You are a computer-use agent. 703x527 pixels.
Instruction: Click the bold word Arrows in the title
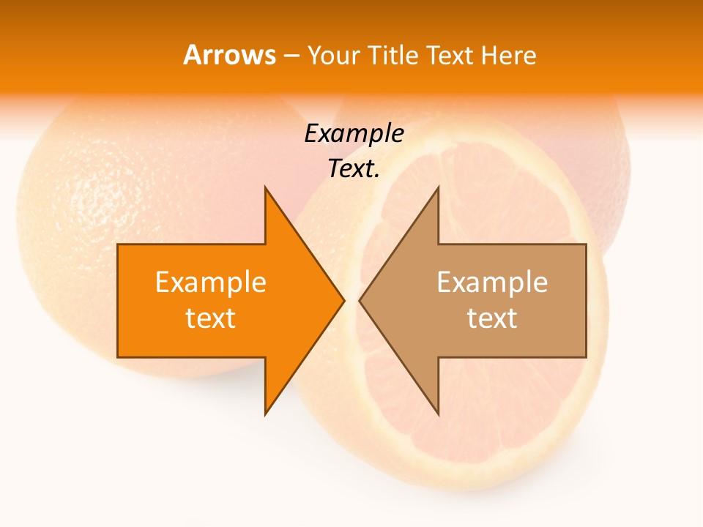(x=229, y=55)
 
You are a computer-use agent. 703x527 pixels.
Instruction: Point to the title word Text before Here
(x=450, y=55)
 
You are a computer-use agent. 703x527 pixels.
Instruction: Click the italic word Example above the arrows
(x=354, y=134)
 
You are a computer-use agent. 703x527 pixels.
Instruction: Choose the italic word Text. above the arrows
(x=354, y=169)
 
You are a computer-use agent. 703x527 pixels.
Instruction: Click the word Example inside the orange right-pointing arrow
(x=211, y=282)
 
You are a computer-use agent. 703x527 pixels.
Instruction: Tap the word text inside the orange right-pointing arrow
(x=211, y=318)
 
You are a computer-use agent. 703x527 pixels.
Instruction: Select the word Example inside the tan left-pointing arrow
(x=492, y=282)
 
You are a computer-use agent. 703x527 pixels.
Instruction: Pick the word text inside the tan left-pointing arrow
(x=492, y=318)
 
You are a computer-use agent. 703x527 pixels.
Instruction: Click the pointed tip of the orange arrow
(x=344, y=300)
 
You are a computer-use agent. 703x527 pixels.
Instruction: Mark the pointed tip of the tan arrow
(x=360, y=300)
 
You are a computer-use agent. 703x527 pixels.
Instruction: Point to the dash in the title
(x=291, y=56)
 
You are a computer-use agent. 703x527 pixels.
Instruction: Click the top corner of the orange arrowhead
(x=265, y=187)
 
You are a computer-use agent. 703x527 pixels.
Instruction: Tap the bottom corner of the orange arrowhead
(x=265, y=414)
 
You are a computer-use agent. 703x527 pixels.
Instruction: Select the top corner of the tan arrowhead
(x=438, y=187)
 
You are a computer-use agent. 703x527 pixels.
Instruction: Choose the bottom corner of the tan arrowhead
(x=438, y=414)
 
